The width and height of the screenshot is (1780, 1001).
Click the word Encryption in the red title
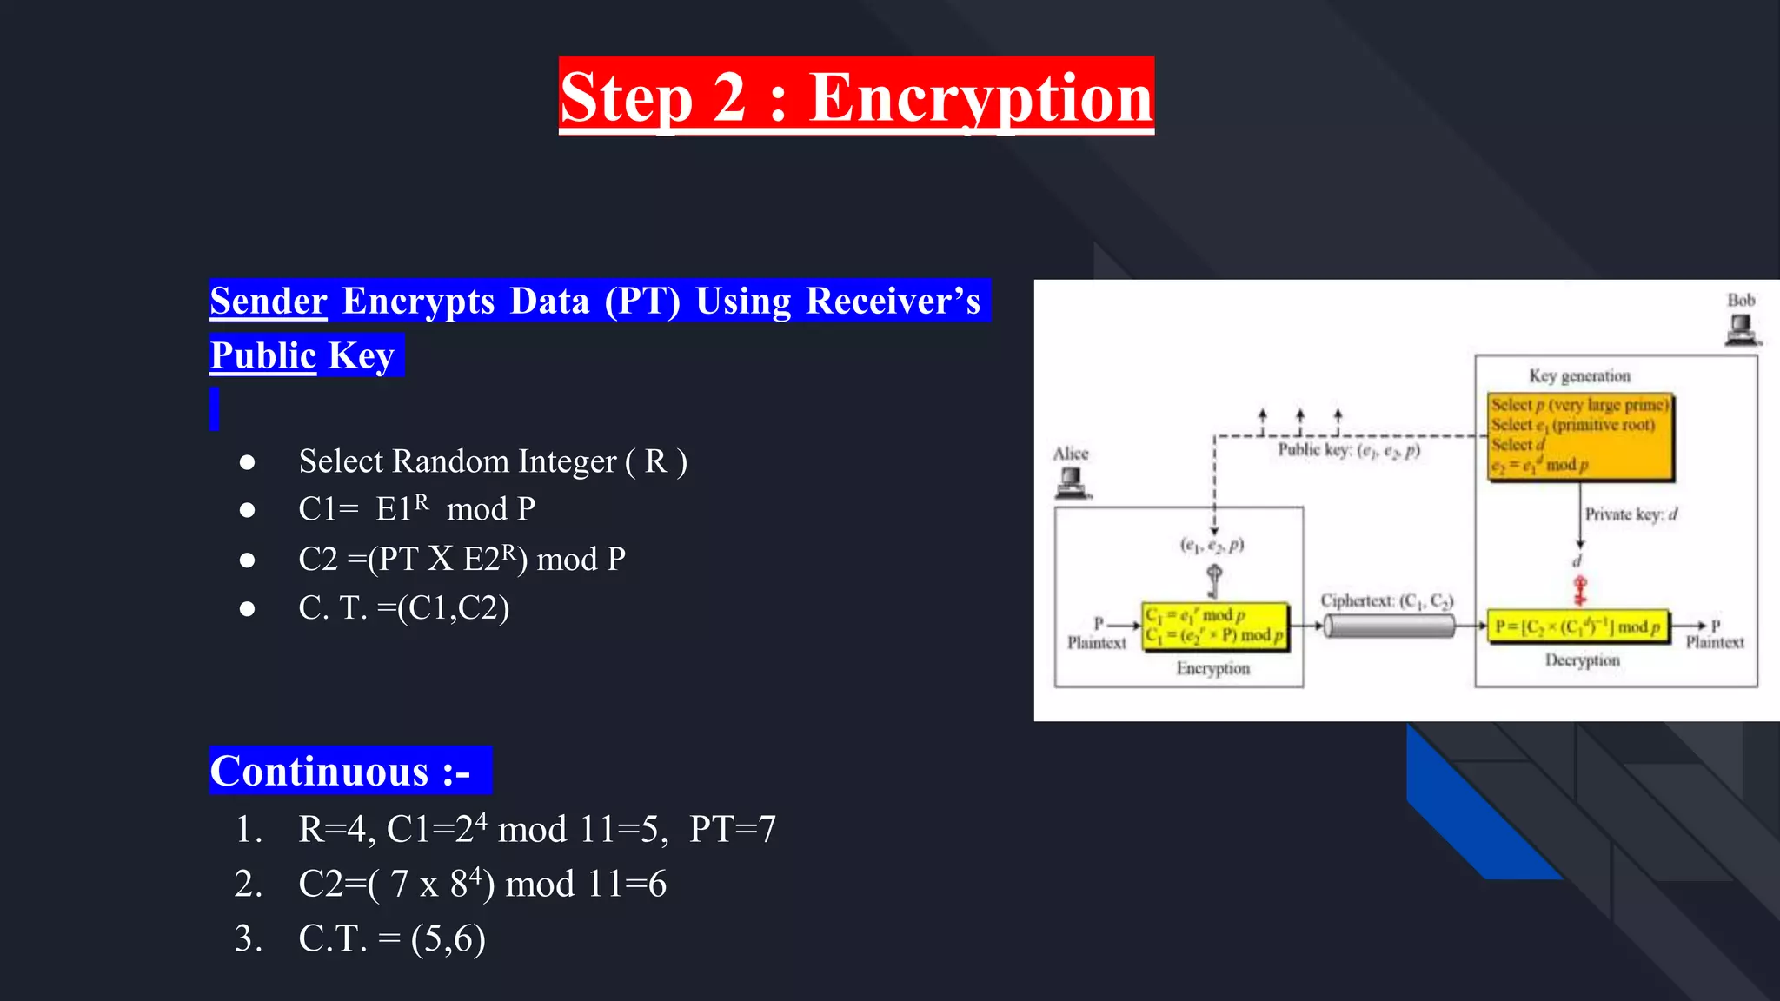[x=980, y=97]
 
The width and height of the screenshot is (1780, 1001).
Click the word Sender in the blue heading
[x=269, y=301]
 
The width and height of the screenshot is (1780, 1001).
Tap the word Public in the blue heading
[x=262, y=355]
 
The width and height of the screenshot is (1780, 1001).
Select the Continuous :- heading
[x=342, y=771]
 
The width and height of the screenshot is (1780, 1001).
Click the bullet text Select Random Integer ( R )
[x=493, y=461]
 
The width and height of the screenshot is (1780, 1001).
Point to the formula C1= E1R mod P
[x=416, y=508]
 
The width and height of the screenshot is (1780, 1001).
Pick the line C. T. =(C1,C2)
[x=403, y=607]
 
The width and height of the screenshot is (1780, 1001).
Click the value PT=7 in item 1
[x=732, y=829]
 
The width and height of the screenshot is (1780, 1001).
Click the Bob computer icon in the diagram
[x=1741, y=329]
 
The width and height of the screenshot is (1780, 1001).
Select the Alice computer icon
[x=1072, y=482]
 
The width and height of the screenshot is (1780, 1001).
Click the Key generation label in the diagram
[x=1579, y=375]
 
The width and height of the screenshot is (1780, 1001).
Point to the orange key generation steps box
[x=1580, y=436]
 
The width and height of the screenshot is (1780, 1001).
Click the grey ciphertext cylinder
[x=1389, y=626]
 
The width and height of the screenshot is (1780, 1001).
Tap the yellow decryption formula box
[x=1577, y=626]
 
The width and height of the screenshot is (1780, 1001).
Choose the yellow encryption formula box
[x=1214, y=626]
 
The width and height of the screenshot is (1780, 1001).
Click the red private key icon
[x=1580, y=591]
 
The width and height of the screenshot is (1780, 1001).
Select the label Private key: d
[x=1631, y=514]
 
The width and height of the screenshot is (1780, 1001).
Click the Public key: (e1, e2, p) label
[x=1348, y=450]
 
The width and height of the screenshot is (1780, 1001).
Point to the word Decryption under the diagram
[x=1582, y=660]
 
